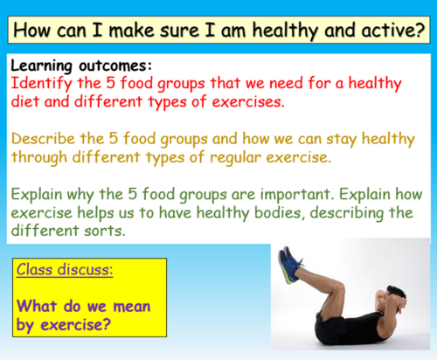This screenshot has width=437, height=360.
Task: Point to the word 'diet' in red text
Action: tap(29, 103)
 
